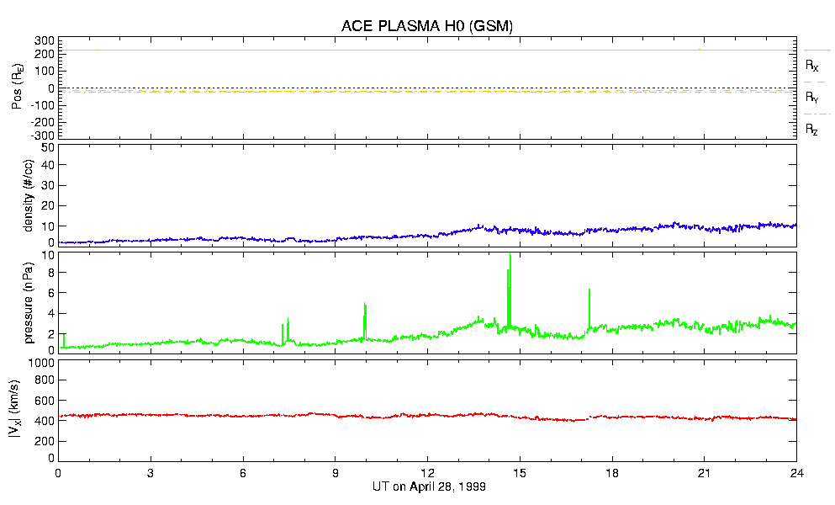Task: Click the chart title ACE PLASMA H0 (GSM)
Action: (x=427, y=26)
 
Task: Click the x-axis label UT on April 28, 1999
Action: (x=427, y=487)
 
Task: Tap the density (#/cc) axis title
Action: (x=28, y=195)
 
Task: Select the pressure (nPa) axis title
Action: (x=28, y=300)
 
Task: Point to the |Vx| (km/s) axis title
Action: (x=28, y=410)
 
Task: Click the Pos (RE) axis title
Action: (x=28, y=88)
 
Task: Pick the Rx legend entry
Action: (x=812, y=65)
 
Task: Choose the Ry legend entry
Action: (x=812, y=98)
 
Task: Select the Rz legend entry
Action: (x=812, y=130)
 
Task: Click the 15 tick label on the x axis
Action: (x=520, y=472)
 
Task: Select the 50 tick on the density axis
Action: (x=48, y=147)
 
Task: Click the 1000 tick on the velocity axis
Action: (x=43, y=363)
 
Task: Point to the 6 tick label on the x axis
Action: (x=243, y=472)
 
